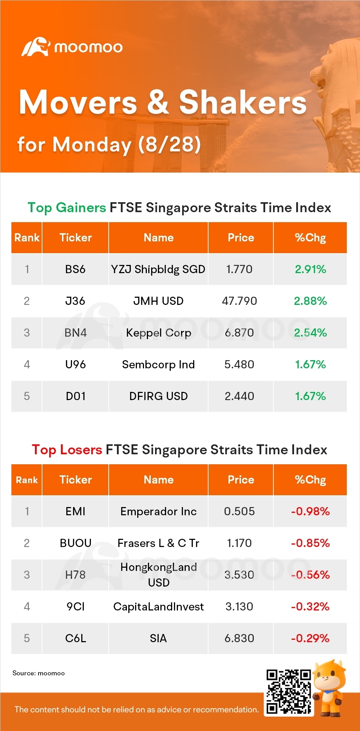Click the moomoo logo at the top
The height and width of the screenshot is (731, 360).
point(72,47)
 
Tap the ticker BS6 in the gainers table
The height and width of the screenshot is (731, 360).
point(75,269)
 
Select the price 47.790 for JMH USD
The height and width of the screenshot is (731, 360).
point(240,301)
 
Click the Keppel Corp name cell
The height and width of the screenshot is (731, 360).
point(159,333)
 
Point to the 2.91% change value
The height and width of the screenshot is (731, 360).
point(310,269)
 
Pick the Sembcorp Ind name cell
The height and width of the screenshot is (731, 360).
point(159,364)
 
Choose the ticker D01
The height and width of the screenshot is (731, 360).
point(76,396)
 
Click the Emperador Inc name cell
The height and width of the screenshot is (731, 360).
point(159,512)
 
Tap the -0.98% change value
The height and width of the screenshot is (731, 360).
point(310,511)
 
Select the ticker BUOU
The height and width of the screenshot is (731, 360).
point(76,543)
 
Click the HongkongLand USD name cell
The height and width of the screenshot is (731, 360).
point(159,575)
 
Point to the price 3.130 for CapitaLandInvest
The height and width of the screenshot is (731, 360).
point(240,607)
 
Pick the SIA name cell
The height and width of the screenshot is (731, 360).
point(158,638)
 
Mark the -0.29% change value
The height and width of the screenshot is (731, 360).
point(310,638)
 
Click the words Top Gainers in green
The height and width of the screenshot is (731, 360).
point(67,208)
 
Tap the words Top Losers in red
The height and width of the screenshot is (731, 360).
point(67,450)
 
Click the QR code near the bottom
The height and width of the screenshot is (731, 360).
point(289,692)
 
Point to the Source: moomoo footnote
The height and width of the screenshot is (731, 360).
point(38,673)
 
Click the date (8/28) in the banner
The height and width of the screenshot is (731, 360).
point(170,144)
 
